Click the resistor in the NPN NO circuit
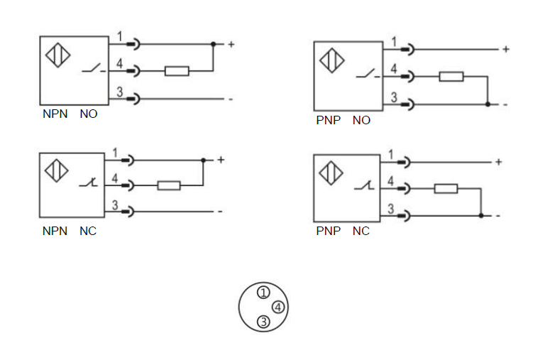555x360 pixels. [177, 70]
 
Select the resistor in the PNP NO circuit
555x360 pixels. [451, 76]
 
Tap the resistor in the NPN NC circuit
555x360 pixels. [169, 185]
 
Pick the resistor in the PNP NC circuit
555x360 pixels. [446, 188]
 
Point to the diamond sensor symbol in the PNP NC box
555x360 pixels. [331, 173]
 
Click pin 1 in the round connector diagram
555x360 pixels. [263, 292]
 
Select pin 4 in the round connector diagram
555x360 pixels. [278, 307]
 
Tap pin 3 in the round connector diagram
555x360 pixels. [263, 322]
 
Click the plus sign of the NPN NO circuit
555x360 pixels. [231, 44]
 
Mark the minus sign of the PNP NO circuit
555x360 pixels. [505, 104]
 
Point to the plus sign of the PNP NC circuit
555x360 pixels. [499, 162]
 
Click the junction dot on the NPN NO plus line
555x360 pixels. [213, 44]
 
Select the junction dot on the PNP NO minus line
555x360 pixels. [488, 104]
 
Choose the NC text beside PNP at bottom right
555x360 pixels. [361, 231]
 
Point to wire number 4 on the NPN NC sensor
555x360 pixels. [116, 179]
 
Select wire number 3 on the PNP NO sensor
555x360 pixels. [393, 98]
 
